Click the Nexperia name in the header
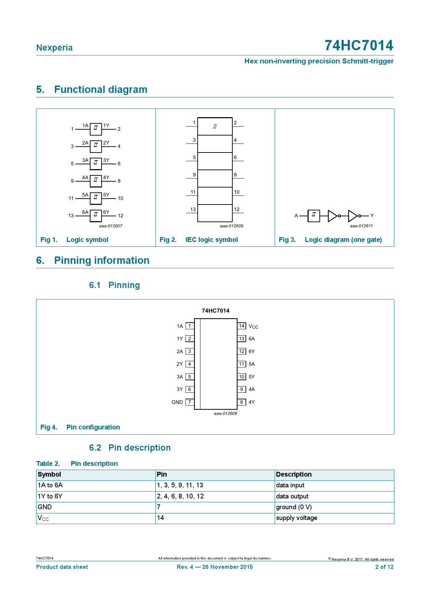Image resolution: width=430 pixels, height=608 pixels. [54, 48]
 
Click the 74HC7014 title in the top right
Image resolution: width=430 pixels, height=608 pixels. [359, 45]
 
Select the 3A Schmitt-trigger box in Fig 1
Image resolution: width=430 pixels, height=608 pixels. [96, 164]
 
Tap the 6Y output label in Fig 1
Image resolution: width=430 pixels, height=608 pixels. [106, 212]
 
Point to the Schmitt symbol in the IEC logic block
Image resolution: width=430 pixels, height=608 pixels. [215, 126]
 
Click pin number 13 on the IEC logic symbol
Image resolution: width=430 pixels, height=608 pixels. [193, 209]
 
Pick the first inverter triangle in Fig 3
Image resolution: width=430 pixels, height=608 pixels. [333, 216]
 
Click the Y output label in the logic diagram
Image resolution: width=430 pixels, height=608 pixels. [372, 216]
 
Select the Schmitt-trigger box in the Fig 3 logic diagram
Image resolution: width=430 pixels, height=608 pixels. [313, 216]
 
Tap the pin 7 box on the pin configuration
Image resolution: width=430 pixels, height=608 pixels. [190, 402]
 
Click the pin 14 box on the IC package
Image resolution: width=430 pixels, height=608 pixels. [242, 326]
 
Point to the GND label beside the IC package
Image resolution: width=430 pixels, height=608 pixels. [177, 402]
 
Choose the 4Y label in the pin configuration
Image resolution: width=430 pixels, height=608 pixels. [251, 402]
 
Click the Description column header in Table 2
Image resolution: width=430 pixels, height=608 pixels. [294, 475]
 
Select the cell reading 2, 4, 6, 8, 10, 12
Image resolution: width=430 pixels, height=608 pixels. [180, 496]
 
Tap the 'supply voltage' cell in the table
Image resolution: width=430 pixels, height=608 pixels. [296, 518]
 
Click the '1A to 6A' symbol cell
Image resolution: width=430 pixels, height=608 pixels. [50, 485]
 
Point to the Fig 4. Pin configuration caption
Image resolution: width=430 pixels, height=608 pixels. [80, 427]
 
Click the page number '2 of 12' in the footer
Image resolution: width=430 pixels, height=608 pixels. [384, 567]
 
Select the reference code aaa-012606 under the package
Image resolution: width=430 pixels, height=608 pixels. [225, 414]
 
